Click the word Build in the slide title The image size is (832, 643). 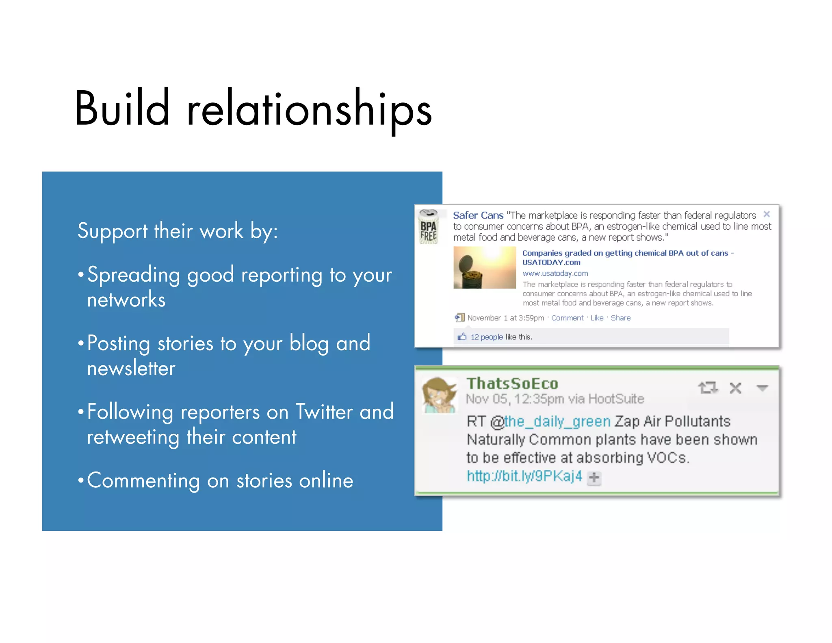pyautogui.click(x=122, y=109)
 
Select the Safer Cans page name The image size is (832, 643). pyautogui.click(x=478, y=215)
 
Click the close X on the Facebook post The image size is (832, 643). pyautogui.click(x=767, y=214)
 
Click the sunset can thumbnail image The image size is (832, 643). pyautogui.click(x=484, y=267)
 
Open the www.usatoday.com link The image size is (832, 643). pyautogui.click(x=555, y=274)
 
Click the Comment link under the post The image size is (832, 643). pyautogui.click(x=567, y=318)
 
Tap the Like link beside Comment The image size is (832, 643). pyautogui.click(x=597, y=318)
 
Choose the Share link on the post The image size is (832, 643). pyautogui.click(x=620, y=318)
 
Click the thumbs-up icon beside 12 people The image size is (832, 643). pyautogui.click(x=462, y=337)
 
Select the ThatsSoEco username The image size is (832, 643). pyautogui.click(x=512, y=383)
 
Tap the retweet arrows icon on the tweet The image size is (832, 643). pyautogui.click(x=708, y=388)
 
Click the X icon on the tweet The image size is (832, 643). pyautogui.click(x=735, y=388)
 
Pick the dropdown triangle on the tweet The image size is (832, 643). pyautogui.click(x=762, y=388)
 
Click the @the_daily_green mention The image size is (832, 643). pyautogui.click(x=551, y=421)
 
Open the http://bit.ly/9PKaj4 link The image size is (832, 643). pyautogui.click(x=524, y=476)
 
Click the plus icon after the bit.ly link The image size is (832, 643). pyautogui.click(x=594, y=478)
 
